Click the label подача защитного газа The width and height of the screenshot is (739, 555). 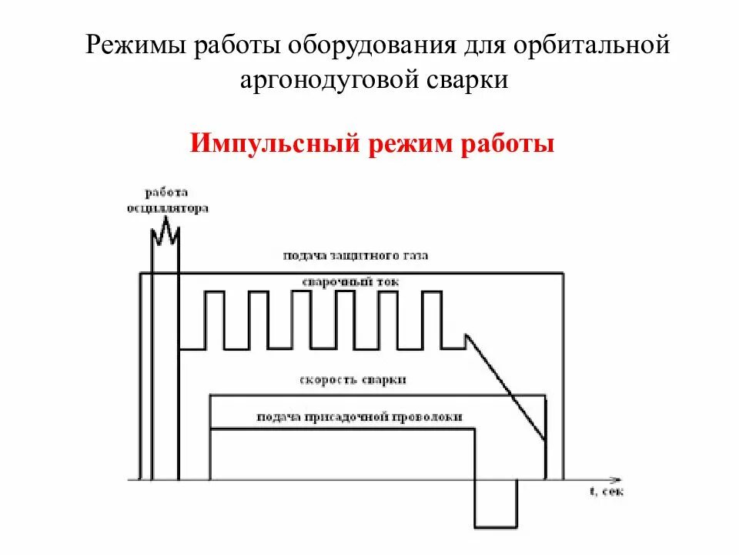tap(355, 255)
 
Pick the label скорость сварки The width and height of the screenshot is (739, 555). tap(353, 380)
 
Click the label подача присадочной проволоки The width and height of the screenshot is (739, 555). tap(360, 416)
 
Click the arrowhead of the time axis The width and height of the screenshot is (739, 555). tap(615, 478)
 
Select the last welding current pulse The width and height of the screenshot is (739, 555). tap(432, 319)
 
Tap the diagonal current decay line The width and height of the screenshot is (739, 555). tap(508, 389)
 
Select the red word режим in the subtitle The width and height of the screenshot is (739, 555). tap(414, 144)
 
